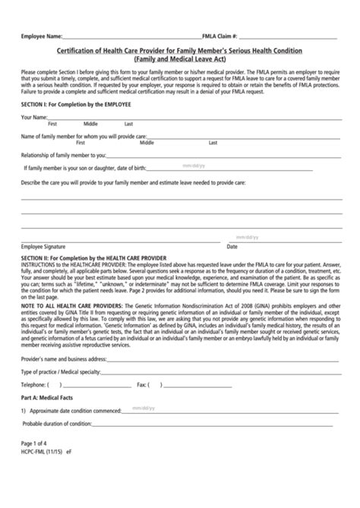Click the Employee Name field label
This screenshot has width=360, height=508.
[40, 36]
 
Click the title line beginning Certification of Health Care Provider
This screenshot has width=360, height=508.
[180, 50]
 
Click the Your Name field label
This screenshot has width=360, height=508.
[36, 117]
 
